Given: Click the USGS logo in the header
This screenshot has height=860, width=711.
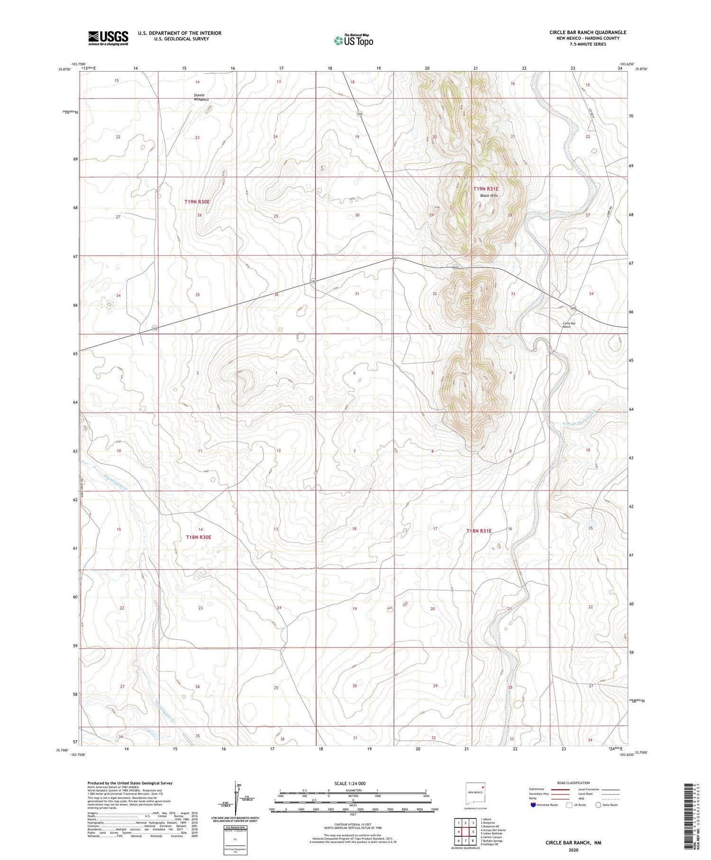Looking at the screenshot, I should click(108, 38).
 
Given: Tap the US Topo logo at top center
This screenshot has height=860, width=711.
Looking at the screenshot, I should click(354, 41).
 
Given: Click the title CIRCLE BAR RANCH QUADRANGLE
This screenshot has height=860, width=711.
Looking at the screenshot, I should click(588, 32).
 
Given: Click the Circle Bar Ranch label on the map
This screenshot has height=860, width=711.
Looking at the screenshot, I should click(569, 325).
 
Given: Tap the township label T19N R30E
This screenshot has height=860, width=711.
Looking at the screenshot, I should click(197, 202).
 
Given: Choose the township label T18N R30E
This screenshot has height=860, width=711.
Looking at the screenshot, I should click(198, 537).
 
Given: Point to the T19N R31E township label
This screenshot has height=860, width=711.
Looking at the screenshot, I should click(486, 189).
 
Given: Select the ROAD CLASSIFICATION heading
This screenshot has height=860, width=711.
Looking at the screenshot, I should click(574, 783).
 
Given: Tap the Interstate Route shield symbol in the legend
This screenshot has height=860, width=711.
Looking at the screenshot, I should click(533, 805).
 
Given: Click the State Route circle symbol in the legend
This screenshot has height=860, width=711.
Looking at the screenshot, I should click(598, 805).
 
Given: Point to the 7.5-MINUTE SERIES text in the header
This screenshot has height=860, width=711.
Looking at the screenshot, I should click(588, 44).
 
